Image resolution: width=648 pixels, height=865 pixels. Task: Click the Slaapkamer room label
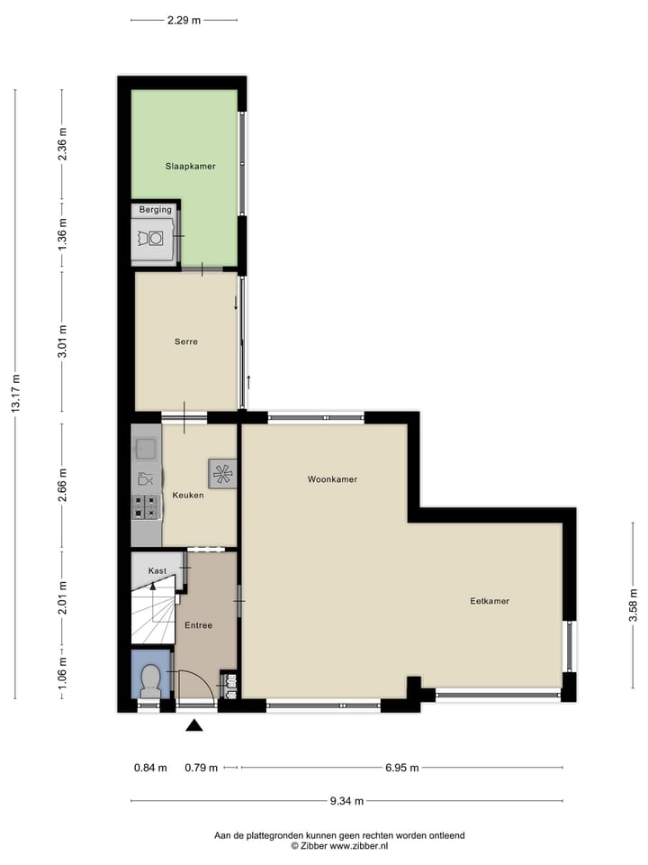[190, 167]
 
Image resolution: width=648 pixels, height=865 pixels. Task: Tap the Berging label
[155, 210]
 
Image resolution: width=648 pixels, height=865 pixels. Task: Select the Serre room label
[186, 341]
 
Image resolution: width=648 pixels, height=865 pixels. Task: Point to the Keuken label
[188, 496]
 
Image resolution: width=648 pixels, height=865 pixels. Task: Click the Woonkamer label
[332, 479]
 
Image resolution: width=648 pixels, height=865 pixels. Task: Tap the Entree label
[198, 625]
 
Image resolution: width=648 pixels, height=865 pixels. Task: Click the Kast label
[157, 570]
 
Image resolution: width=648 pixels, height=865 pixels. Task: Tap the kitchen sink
[145, 447]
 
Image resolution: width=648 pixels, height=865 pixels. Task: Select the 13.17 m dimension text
[15, 393]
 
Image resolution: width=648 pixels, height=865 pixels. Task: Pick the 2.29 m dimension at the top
[184, 19]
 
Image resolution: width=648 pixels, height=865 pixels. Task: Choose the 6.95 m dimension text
[401, 768]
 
